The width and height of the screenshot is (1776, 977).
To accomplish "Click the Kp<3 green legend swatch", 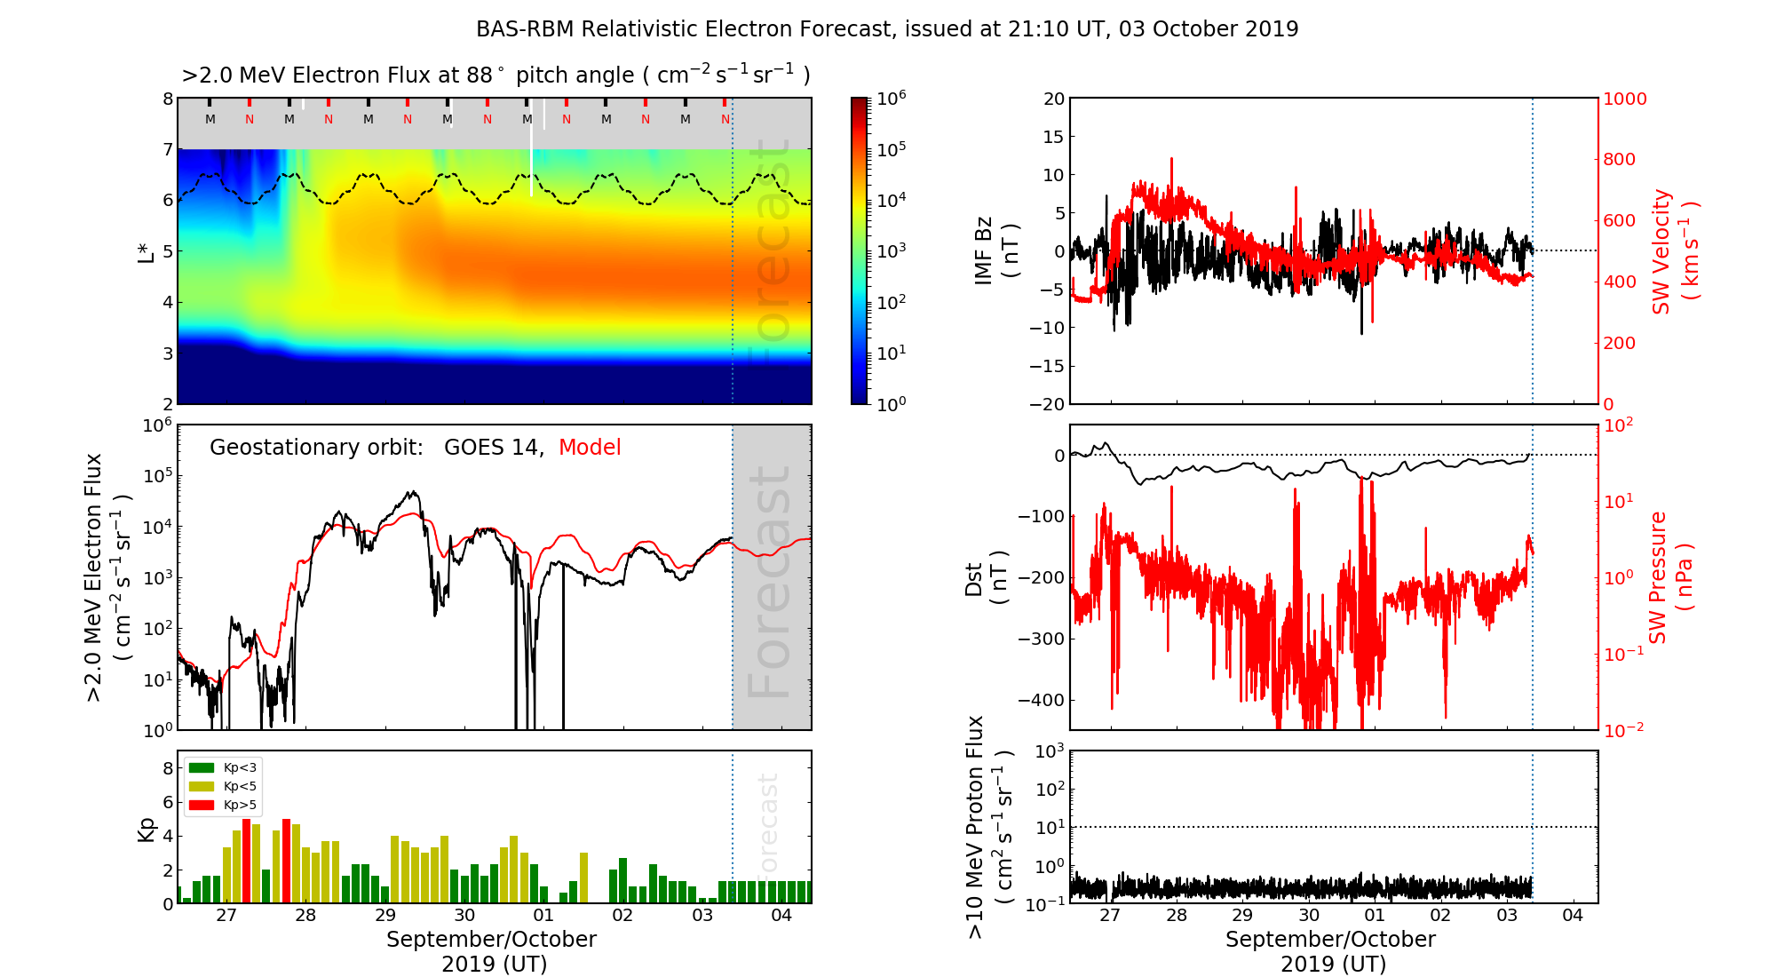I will pyautogui.click(x=202, y=767).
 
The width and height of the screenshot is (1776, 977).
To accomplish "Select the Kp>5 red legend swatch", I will pyautogui.click(x=202, y=806).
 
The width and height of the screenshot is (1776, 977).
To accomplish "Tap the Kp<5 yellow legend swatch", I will pyautogui.click(x=202, y=786).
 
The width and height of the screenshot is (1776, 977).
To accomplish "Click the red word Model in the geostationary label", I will pyautogui.click(x=590, y=448).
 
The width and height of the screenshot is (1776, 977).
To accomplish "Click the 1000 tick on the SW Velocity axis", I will pyautogui.click(x=1624, y=99).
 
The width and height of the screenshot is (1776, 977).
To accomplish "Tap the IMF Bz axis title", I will pyautogui.click(x=995, y=250).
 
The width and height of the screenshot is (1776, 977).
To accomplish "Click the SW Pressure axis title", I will pyautogui.click(x=1669, y=577).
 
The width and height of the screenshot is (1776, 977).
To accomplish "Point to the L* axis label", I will pyautogui.click(x=146, y=250).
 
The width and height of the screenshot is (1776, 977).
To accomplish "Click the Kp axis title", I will pyautogui.click(x=146, y=829).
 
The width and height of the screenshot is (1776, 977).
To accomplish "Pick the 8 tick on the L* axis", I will pyautogui.click(x=167, y=99).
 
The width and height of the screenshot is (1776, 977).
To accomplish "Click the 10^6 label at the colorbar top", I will pyautogui.click(x=891, y=98).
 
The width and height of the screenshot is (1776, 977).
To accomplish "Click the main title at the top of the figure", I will pyautogui.click(x=887, y=29).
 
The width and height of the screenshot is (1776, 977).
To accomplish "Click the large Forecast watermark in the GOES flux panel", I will pyautogui.click(x=769, y=582).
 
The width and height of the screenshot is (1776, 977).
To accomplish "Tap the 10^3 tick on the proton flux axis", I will pyautogui.click(x=1050, y=751).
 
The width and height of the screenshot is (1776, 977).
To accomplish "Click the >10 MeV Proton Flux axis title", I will pyautogui.click(x=987, y=828).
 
